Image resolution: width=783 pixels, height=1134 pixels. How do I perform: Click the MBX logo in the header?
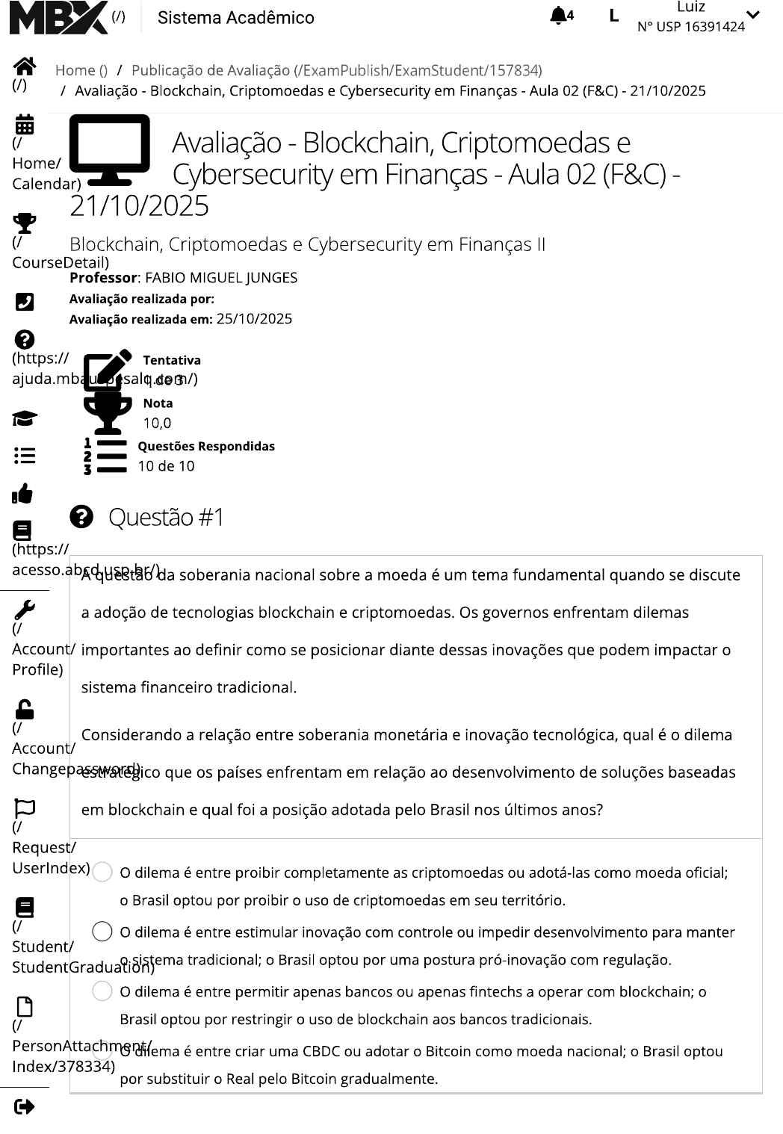[x=58, y=17]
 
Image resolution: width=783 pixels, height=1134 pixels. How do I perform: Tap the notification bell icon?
[x=558, y=16]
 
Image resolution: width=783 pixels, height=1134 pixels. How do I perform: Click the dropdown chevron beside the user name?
[x=753, y=15]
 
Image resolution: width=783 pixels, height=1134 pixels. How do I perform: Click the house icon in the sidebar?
[x=25, y=66]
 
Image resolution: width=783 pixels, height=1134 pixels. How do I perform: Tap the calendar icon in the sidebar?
[x=25, y=124]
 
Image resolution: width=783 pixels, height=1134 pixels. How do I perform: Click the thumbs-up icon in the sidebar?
[x=23, y=494]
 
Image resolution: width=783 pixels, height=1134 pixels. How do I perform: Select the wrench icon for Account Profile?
[x=24, y=610]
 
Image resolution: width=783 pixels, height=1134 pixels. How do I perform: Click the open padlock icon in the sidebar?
[x=25, y=709]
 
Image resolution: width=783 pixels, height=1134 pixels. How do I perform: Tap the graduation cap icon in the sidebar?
[x=25, y=418]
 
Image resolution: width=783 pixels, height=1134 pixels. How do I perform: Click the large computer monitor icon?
[x=109, y=149]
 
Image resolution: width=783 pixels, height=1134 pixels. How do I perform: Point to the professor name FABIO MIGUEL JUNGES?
[x=221, y=278]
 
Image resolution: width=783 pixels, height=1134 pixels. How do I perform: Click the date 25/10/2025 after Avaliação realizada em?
[x=254, y=319]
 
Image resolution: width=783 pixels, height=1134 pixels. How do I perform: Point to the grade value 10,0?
[x=157, y=423]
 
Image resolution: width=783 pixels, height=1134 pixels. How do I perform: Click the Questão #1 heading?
[x=166, y=517]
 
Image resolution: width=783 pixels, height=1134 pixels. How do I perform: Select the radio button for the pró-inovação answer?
[x=102, y=932]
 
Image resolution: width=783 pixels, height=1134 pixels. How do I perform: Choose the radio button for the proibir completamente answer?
[x=102, y=872]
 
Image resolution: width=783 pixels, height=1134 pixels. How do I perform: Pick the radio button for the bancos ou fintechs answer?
[x=102, y=991]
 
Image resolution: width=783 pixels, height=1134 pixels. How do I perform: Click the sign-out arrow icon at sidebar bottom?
[x=24, y=1106]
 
